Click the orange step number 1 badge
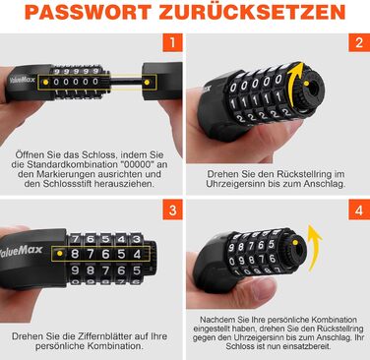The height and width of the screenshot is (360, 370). [172, 43]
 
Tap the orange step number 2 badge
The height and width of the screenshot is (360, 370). [359, 43]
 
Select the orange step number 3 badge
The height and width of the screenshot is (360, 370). [172, 210]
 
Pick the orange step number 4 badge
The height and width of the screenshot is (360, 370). [359, 210]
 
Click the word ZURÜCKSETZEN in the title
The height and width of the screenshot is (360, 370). [252, 12]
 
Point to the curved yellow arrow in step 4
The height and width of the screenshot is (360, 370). [314, 248]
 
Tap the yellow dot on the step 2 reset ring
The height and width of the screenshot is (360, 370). [306, 84]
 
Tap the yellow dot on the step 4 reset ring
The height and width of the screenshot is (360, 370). [295, 243]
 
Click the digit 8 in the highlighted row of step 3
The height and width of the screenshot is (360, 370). [75, 254]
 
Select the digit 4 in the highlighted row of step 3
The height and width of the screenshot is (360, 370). [137, 254]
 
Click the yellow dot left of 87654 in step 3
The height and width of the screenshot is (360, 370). [59, 254]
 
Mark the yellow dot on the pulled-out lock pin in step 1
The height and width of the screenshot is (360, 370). [147, 82]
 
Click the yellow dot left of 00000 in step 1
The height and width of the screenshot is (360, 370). [46, 82]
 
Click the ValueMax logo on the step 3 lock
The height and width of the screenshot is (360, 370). [22, 251]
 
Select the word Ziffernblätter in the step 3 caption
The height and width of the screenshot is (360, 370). [106, 336]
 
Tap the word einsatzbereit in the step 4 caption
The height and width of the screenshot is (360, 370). [309, 346]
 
